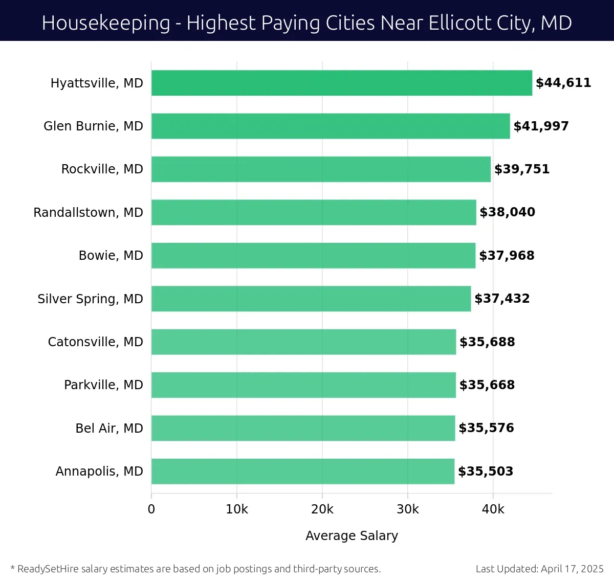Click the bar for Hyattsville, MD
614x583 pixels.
[342, 83]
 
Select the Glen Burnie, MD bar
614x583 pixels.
[331, 126]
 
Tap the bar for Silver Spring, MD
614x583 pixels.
[311, 299]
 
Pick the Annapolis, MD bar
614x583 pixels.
[303, 471]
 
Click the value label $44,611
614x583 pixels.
[563, 83]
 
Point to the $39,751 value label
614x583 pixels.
[522, 169]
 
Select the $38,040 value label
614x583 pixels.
[507, 212]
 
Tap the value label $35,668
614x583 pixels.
[487, 385]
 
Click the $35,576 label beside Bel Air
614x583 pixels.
[486, 428]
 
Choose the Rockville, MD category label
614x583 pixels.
[102, 169]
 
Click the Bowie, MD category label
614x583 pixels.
[111, 255]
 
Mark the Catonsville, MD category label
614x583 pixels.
[95, 342]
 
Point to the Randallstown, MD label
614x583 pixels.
[88, 212]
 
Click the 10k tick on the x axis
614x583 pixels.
[237, 509]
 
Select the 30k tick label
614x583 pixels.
[408, 509]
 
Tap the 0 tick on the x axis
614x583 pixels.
[151, 509]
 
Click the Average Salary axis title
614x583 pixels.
[352, 535]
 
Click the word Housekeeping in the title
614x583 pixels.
[106, 23]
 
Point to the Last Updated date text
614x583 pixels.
[539, 569]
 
